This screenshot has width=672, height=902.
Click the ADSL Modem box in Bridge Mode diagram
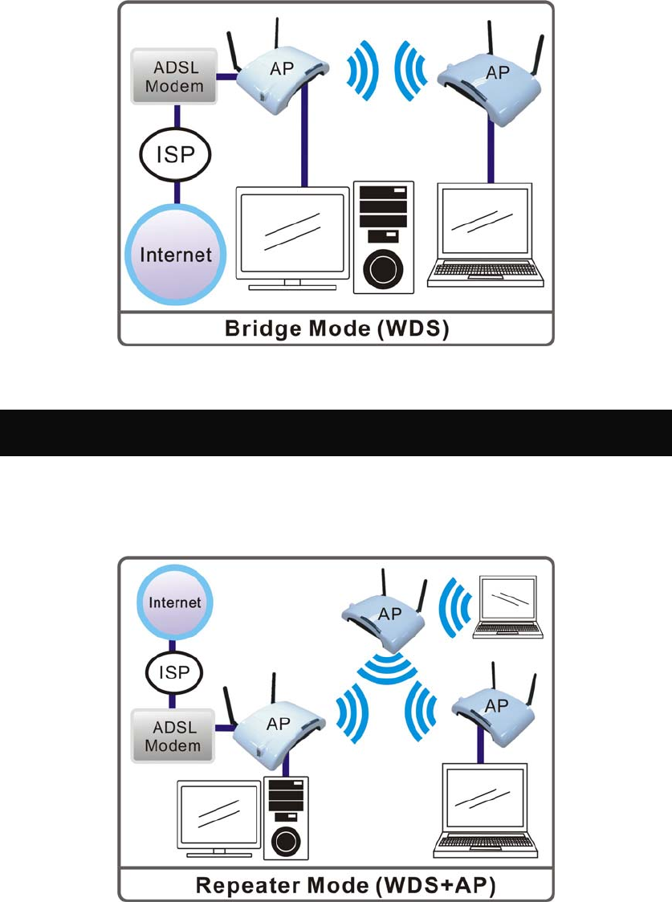(x=174, y=76)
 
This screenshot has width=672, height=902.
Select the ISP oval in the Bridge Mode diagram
(x=175, y=153)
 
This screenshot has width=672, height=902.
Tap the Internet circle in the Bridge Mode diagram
(x=175, y=255)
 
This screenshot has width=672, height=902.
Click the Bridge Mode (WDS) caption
(x=336, y=329)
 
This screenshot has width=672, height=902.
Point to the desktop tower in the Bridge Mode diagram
(x=384, y=238)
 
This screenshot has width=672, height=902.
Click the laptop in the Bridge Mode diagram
(x=486, y=235)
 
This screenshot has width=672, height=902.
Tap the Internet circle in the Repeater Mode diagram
(x=175, y=602)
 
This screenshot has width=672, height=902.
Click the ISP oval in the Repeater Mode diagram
(x=174, y=672)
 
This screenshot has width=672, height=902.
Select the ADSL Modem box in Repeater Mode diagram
(x=173, y=737)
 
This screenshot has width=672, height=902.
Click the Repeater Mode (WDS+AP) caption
(x=345, y=885)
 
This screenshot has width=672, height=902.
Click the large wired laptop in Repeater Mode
(x=486, y=811)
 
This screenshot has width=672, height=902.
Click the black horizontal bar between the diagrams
(x=336, y=433)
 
